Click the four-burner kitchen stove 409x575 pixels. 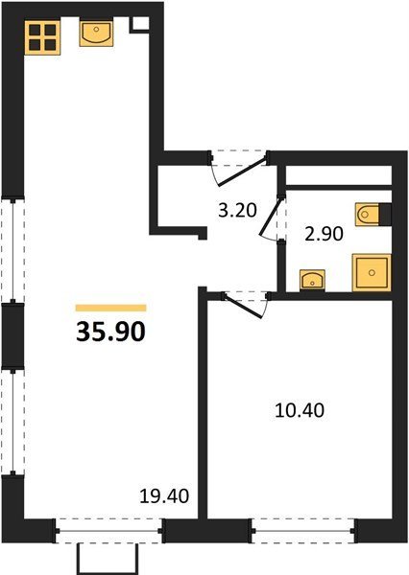coord(42,37)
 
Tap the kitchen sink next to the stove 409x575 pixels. coord(96,34)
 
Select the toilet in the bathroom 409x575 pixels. coord(367,215)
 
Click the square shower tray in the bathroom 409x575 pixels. coord(372,272)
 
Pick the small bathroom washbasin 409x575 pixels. coord(312,280)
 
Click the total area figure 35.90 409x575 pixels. coord(111,332)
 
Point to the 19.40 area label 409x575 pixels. coord(164,496)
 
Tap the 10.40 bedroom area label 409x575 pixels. coord(300,410)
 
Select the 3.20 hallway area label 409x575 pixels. coord(237,211)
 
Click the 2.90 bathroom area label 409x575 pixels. coord(325,234)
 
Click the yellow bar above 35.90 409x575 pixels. coord(111,308)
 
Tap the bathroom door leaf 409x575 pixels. coord(272,217)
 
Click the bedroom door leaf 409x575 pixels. coord(243,305)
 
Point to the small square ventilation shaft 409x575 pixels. coord(139,25)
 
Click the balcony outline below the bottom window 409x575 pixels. coord(108,559)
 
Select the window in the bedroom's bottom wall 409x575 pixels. coord(303,531)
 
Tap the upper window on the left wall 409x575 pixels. coord(12,250)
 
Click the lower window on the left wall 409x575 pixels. coord(12,422)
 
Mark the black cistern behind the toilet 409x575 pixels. coord(385,215)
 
